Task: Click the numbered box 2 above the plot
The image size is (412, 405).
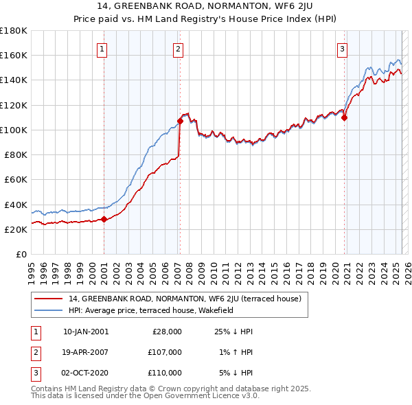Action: coord(178,49)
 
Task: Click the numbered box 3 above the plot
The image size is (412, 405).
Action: coord(342,49)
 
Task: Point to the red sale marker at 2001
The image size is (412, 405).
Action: coord(104,220)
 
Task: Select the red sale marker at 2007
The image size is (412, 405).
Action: coord(180,121)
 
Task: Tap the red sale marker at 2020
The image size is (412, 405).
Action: coord(345,117)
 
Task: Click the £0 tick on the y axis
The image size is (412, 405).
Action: coord(22,254)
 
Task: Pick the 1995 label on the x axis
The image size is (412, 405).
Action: coord(32,269)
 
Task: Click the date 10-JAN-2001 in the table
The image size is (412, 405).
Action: coord(86,332)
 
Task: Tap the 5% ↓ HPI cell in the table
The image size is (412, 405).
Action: coord(234,373)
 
